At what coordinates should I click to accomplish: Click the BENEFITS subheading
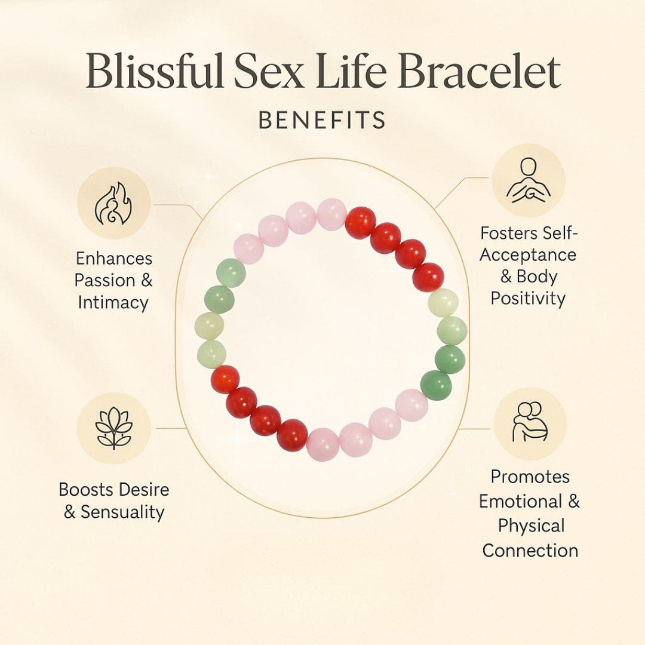(x=322, y=120)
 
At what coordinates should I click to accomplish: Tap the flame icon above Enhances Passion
(x=113, y=203)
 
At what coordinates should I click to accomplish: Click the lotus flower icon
(x=113, y=428)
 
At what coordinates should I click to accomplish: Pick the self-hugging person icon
(x=528, y=180)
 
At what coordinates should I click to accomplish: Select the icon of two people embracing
(x=529, y=422)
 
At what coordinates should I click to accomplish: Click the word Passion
(x=106, y=280)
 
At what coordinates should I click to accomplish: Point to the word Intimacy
(x=113, y=302)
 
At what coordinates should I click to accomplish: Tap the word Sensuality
(x=122, y=512)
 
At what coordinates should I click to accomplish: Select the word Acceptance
(x=528, y=255)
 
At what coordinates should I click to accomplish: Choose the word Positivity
(x=528, y=298)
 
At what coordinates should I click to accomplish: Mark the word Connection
(x=530, y=550)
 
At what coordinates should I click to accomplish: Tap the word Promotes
(x=530, y=477)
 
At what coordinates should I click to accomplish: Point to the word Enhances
(x=114, y=259)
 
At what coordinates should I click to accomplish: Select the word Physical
(x=531, y=526)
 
